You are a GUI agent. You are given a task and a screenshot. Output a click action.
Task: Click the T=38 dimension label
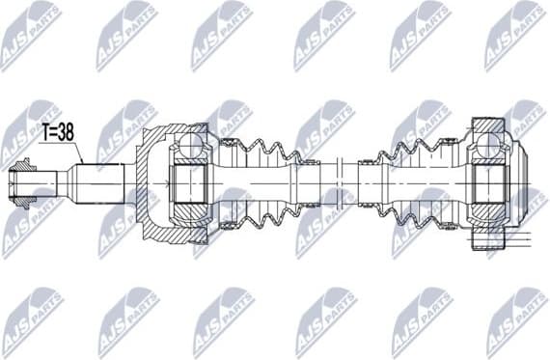coord(56,135)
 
